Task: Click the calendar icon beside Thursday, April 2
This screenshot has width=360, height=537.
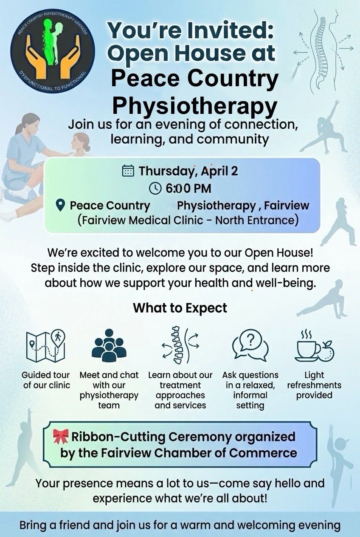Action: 128,171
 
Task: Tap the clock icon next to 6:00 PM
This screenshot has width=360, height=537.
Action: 155,188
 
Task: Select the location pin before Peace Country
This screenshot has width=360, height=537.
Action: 60,206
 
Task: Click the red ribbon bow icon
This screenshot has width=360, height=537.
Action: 61,436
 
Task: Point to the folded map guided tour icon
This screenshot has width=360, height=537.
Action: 45,346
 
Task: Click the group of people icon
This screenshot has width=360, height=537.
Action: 109,345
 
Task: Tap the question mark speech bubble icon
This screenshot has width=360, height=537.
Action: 250,345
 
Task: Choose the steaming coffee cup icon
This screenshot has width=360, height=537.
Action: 314,346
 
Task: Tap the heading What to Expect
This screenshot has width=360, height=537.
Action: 180,308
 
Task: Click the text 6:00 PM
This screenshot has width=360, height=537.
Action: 188,189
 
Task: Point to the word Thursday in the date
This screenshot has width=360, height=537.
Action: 167,171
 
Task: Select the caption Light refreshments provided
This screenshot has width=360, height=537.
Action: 314,385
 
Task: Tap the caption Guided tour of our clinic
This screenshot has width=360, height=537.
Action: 46,380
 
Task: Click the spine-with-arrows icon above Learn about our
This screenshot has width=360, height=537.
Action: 180,345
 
